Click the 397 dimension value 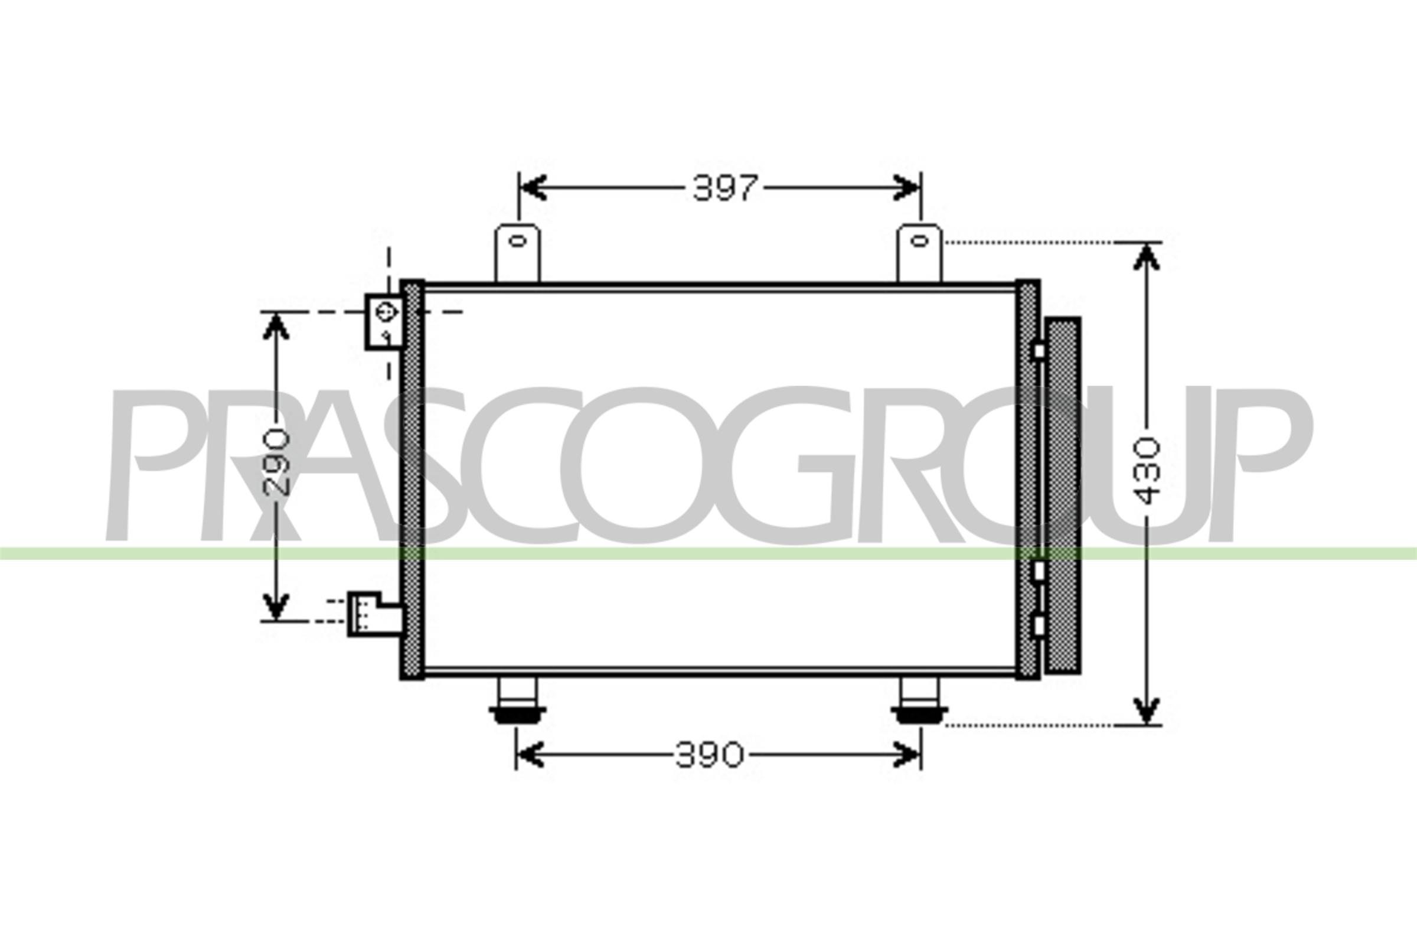coord(724,188)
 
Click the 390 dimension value coord(709,755)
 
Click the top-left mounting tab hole coord(518,242)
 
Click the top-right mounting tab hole coord(919,242)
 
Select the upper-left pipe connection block coord(384,321)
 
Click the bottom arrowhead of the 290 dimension coord(276,607)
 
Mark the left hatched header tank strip coord(413,479)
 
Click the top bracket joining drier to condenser coord(1037,350)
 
